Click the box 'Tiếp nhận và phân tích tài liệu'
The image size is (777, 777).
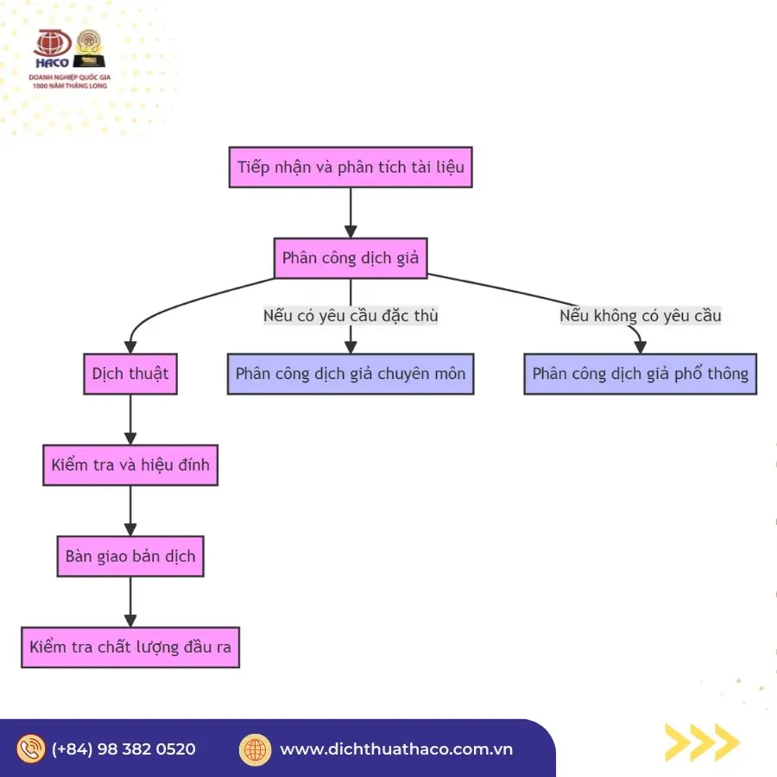(351, 167)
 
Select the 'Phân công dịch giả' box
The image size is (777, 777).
(351, 257)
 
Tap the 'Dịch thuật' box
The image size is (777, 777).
(130, 374)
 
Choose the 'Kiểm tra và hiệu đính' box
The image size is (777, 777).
(130, 464)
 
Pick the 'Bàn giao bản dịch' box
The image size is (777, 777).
(130, 556)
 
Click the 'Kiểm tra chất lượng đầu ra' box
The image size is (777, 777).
(130, 647)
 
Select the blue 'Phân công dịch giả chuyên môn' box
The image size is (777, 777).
(351, 374)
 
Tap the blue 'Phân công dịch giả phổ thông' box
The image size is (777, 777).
(640, 374)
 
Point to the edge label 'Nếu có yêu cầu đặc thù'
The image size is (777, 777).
(351, 315)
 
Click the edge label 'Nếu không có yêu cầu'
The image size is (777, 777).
(640, 315)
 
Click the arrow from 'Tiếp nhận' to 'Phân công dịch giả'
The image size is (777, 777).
(351, 212)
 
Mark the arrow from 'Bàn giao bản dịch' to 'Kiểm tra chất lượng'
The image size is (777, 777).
(130, 601)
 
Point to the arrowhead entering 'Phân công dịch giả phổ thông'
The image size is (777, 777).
(640, 347)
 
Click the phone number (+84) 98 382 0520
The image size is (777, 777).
(123, 749)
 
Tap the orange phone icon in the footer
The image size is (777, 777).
(31, 749)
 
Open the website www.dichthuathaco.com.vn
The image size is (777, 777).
(396, 749)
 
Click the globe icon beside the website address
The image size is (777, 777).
(255, 749)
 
